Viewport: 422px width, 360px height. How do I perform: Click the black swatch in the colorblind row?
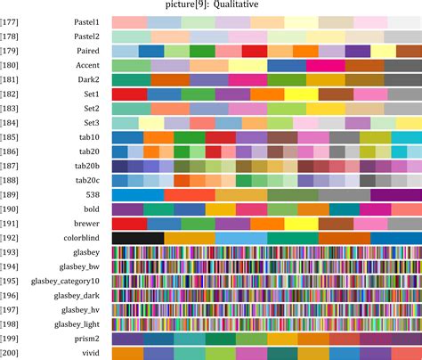(138, 238)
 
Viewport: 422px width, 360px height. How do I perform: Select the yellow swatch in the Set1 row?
(301, 94)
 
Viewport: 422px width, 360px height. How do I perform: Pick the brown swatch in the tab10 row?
(282, 137)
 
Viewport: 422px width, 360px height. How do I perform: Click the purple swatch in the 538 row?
(395, 194)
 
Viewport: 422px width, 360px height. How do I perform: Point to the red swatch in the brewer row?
(129, 224)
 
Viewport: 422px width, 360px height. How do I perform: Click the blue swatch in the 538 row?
(138, 194)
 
